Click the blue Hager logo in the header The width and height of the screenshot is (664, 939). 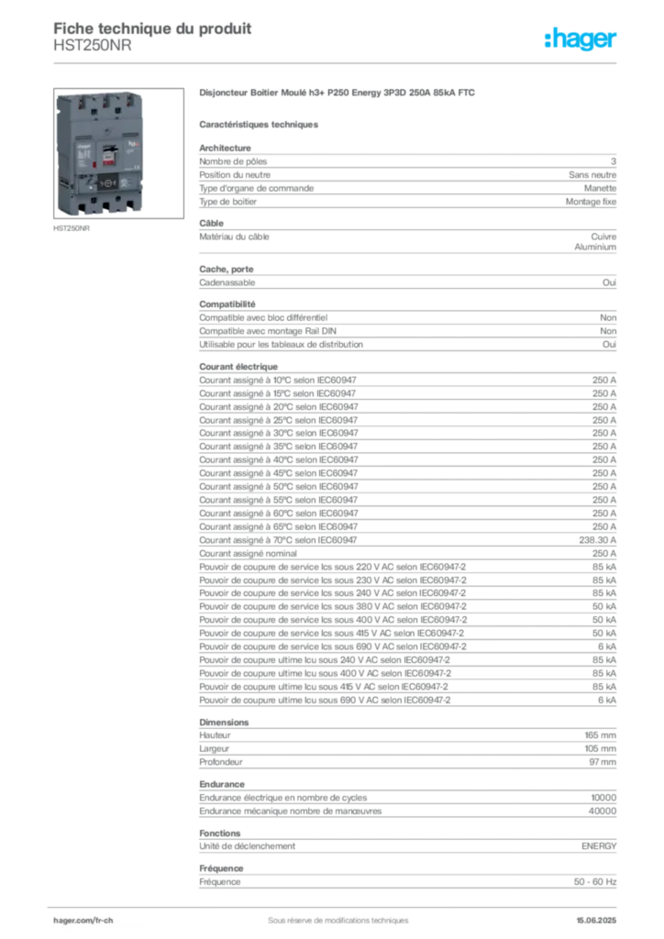[x=581, y=40]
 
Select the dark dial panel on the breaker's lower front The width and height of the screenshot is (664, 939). [x=107, y=182]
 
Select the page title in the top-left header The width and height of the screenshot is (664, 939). [x=152, y=24]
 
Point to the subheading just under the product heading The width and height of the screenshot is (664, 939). [x=260, y=123]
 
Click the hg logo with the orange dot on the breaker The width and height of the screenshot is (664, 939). [x=133, y=145]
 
